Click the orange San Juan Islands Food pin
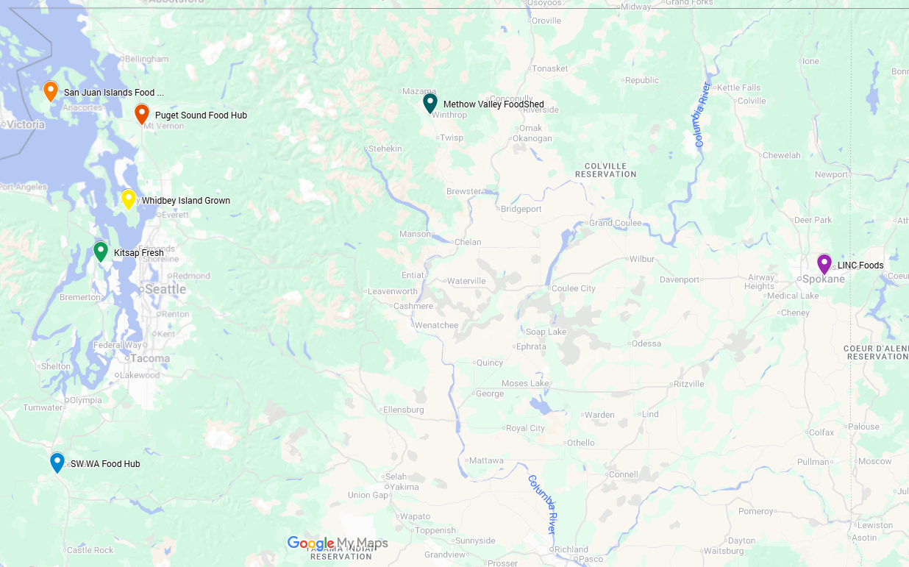tap(51, 90)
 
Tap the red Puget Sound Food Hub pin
tap(142, 113)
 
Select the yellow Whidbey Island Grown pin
tap(129, 199)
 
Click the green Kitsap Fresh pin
tap(101, 252)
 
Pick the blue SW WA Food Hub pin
tap(57, 462)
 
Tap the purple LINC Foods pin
tap(824, 263)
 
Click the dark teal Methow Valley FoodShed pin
tap(430, 103)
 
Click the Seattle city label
tap(165, 289)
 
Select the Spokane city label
tap(824, 279)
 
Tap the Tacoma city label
tap(150, 359)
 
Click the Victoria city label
tap(26, 124)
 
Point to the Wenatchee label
tap(436, 325)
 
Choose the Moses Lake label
tap(525, 383)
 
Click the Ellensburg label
tap(403, 410)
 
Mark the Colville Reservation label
tap(606, 170)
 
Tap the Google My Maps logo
tap(337, 543)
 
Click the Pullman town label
tap(813, 462)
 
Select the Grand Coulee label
tap(616, 223)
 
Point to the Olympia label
tap(86, 400)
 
